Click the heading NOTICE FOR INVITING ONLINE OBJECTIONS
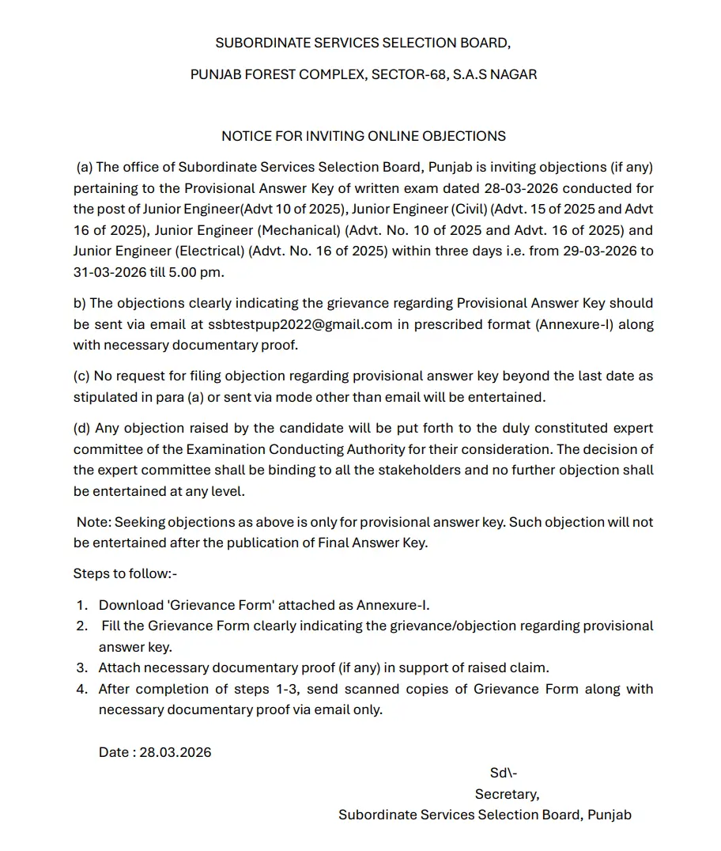click(x=364, y=136)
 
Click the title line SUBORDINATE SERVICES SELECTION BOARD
click(x=364, y=43)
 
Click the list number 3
click(x=81, y=668)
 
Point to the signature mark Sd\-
click(x=504, y=773)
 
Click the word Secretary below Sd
click(x=507, y=794)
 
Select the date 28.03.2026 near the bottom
click(x=176, y=752)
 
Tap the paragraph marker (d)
click(x=82, y=428)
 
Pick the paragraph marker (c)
click(x=82, y=376)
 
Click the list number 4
click(x=81, y=689)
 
